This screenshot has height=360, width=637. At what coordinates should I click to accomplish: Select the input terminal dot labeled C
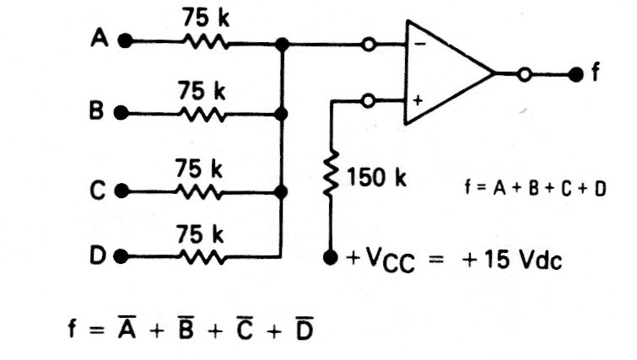pyautogui.click(x=121, y=191)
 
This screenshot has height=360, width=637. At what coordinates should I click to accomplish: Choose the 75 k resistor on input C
pyautogui.click(x=200, y=191)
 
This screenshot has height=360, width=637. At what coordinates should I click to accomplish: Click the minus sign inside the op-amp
pyautogui.click(x=418, y=43)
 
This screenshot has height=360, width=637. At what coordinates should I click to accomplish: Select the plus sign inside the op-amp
pyautogui.click(x=418, y=100)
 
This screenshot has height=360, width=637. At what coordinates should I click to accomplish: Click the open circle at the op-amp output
pyautogui.click(x=525, y=74)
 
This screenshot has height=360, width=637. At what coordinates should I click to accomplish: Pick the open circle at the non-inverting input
pyautogui.click(x=369, y=100)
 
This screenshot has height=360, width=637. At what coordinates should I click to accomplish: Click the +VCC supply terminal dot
pyautogui.click(x=331, y=255)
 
